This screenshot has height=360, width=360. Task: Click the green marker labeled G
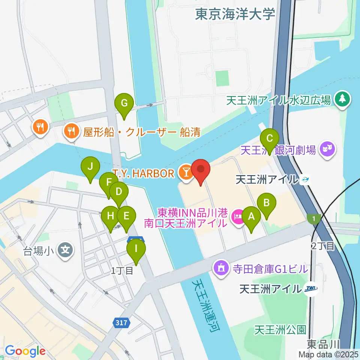pyautogui.click(x=124, y=103)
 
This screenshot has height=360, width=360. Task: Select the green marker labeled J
pyautogui.click(x=90, y=166)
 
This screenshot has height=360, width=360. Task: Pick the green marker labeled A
pyautogui.click(x=251, y=216)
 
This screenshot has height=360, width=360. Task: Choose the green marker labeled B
pyautogui.click(x=267, y=203)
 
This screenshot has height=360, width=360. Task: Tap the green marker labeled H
pyautogui.click(x=110, y=216)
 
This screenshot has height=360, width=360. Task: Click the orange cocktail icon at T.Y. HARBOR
pyautogui.click(x=185, y=173)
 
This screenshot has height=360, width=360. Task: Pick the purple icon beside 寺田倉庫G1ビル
pyautogui.click(x=221, y=268)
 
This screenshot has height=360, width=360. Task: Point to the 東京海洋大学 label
pyautogui.click(x=235, y=14)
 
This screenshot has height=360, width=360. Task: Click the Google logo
pyautogui.click(x=25, y=351)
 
